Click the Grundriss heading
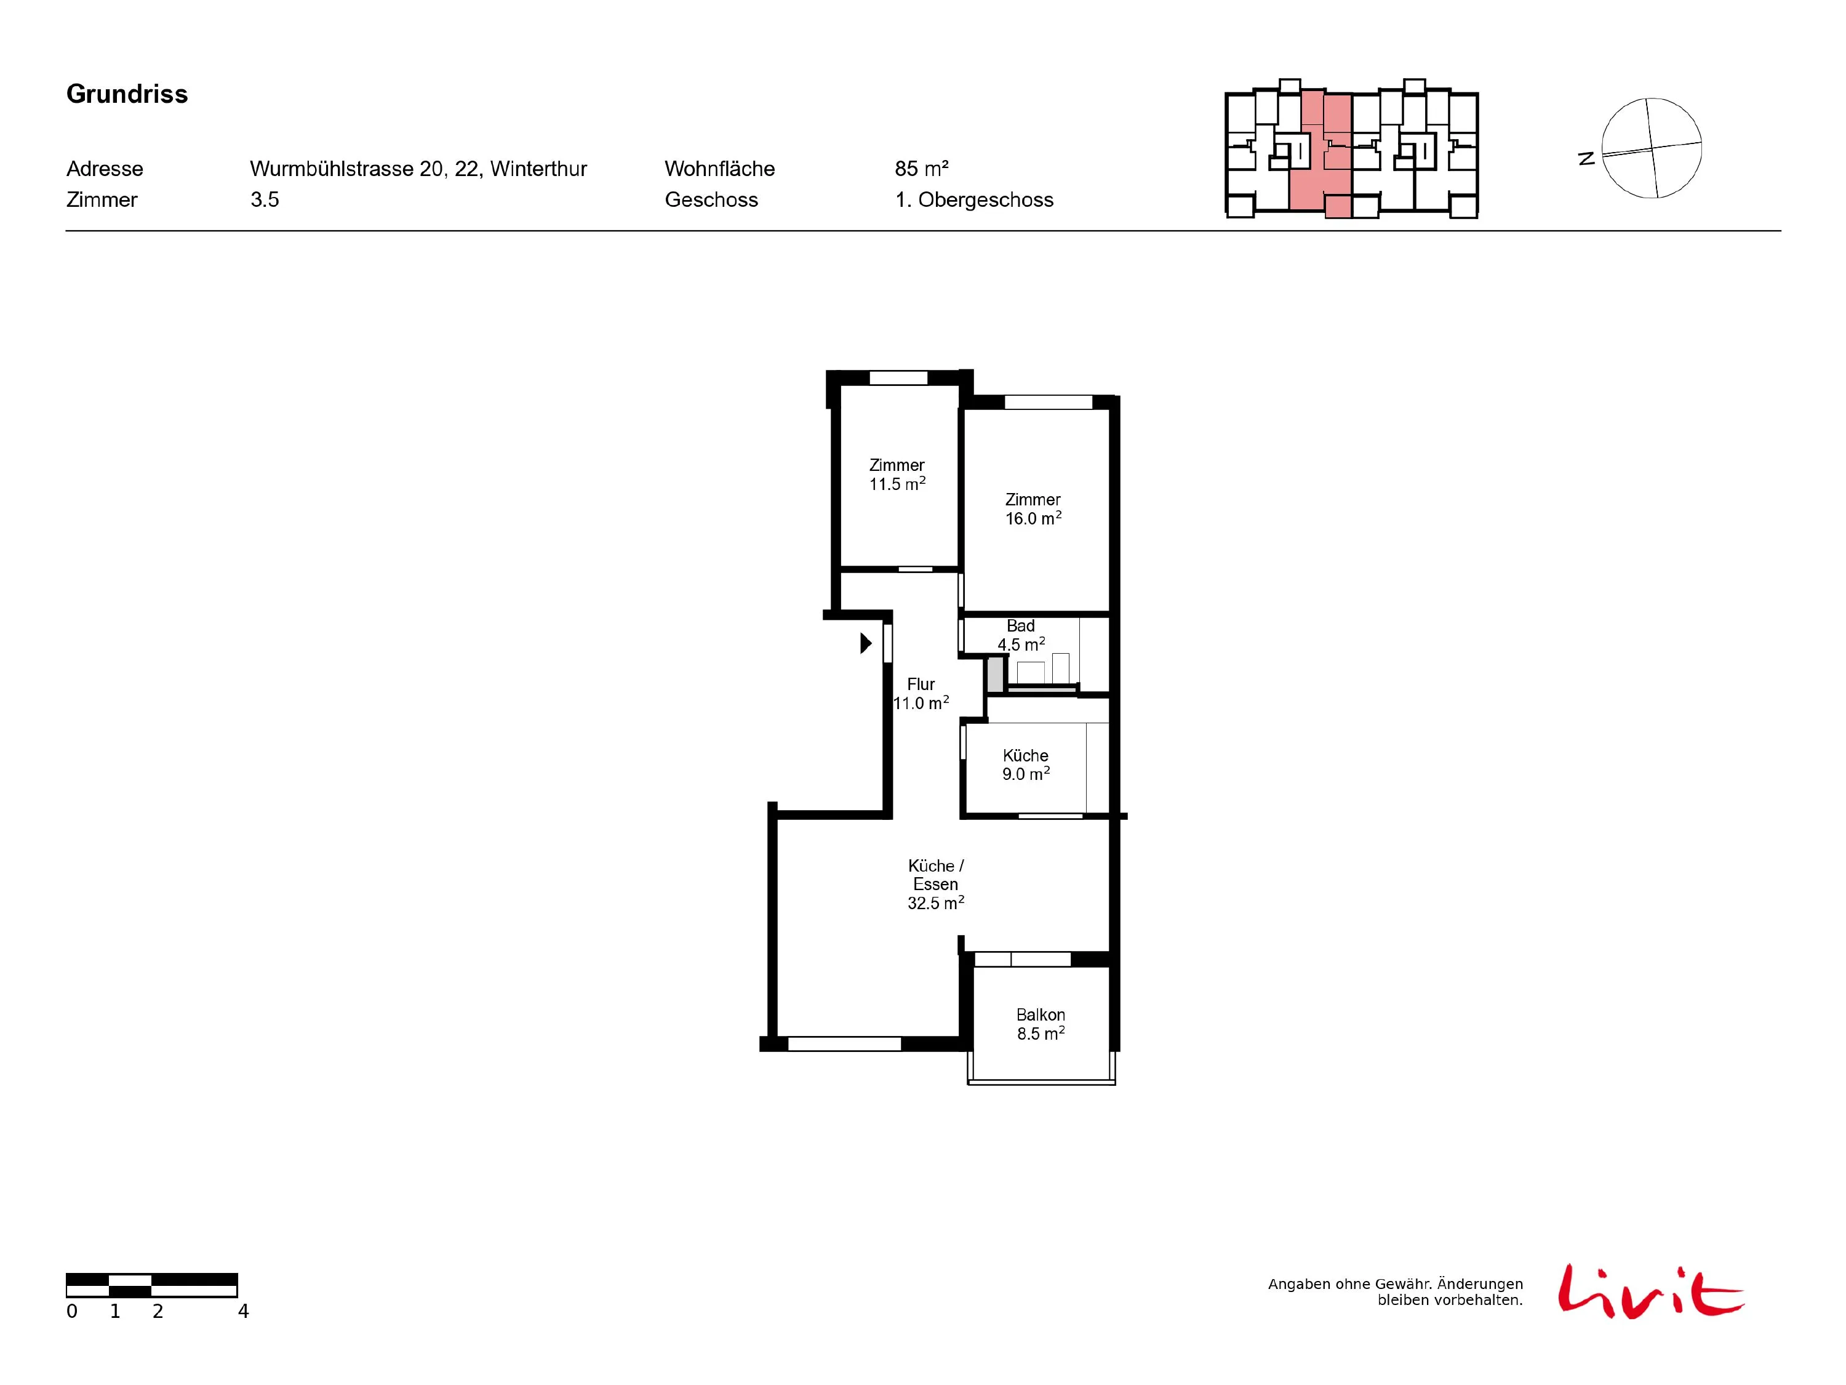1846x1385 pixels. click(x=127, y=94)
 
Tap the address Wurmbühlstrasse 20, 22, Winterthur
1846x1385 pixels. click(x=418, y=169)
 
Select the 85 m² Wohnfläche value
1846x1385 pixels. click(x=921, y=169)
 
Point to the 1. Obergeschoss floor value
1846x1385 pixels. click(x=974, y=199)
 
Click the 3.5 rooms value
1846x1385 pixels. click(x=265, y=199)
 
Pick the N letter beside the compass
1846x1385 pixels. click(x=1586, y=158)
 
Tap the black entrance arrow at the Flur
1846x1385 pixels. click(x=866, y=643)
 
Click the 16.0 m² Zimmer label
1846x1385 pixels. click(x=1033, y=509)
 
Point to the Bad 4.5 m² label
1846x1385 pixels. click(x=1021, y=635)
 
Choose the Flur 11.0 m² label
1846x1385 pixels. click(x=921, y=694)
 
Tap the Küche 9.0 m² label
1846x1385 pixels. click(x=1026, y=765)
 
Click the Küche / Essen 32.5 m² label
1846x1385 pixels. click(x=935, y=884)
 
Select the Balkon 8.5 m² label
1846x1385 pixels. click(x=1041, y=1024)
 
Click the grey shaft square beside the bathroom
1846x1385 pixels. click(x=995, y=675)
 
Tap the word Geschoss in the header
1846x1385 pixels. click(x=711, y=199)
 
